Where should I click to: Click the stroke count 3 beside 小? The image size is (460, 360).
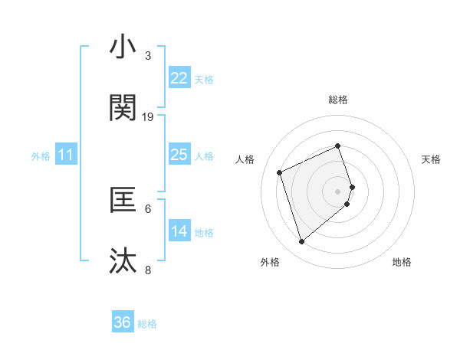[147, 56]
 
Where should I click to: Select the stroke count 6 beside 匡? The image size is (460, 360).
[148, 208]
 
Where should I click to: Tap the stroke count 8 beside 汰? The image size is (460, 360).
[148, 270]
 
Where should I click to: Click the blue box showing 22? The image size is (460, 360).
[179, 78]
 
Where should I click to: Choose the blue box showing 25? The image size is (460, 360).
[179, 155]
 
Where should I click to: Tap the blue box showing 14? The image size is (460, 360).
[179, 231]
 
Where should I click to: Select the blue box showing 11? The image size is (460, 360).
[66, 155]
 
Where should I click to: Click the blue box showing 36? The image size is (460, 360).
[123, 322]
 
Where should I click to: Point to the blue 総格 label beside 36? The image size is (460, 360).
[147, 324]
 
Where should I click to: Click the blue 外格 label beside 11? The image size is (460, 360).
[41, 156]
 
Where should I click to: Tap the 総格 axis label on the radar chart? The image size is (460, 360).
[338, 100]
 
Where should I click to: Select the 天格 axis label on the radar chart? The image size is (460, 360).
[432, 159]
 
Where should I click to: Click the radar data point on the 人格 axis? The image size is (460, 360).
[280, 172]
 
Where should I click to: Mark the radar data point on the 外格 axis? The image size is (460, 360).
[302, 241]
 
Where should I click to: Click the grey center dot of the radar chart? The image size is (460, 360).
[338, 190]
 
